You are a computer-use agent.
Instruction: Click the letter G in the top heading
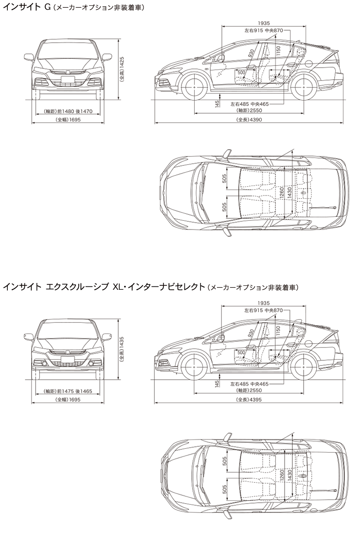pyautogui.click(x=48, y=8)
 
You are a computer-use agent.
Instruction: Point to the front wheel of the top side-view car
pyautogui.click(x=195, y=87)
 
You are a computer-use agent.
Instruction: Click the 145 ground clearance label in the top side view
pyautogui.click(x=216, y=103)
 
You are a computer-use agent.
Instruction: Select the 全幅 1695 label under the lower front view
pyautogui.click(x=68, y=400)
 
